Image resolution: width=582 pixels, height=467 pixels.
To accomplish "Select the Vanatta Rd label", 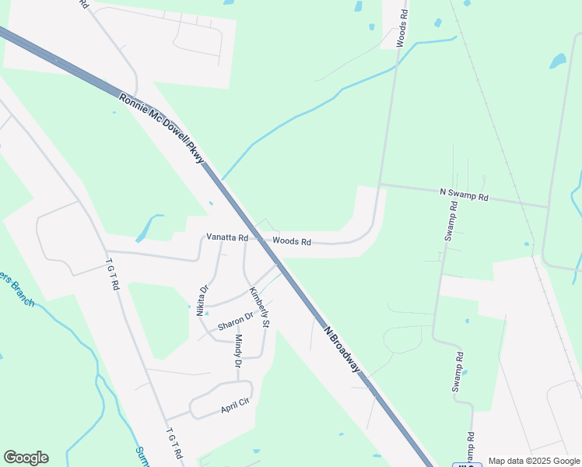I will [226, 237].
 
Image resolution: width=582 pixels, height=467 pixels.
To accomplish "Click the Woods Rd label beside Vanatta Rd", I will [292, 242].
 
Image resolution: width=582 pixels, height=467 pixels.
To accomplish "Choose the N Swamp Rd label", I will [464, 195].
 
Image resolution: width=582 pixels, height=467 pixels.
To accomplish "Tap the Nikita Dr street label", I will [203, 300].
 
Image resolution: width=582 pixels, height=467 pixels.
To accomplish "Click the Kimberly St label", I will [259, 307].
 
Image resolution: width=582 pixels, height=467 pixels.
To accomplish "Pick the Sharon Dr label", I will [236, 321].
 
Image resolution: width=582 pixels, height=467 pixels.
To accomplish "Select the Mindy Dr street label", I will [239, 351].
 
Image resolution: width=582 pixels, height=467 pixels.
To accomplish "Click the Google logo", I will [26, 458].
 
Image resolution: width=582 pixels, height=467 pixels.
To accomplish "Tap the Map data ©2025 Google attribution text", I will [534, 461].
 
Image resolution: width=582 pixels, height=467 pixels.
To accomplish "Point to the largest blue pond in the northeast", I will [558, 61].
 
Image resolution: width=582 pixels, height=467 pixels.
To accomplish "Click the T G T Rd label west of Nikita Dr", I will [113, 275].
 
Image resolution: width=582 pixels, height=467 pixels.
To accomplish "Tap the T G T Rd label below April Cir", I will [174, 443].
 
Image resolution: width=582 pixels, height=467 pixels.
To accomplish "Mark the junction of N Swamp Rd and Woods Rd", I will [380, 185].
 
